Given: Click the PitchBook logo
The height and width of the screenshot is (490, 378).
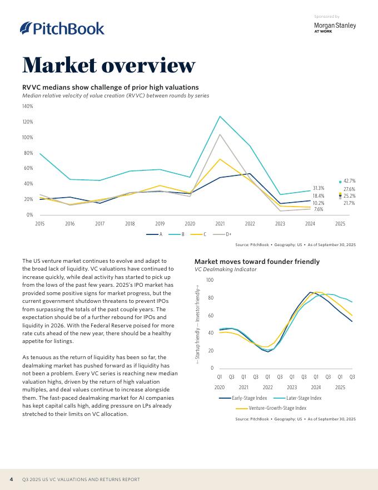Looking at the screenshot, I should [62, 28].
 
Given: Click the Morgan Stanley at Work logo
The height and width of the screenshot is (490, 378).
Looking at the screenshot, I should [335, 27].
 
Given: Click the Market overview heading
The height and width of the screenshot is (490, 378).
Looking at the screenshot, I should [109, 65].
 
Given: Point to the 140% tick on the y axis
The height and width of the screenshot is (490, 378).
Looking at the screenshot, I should [27, 106].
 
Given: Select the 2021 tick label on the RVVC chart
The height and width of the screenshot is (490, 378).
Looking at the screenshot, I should [220, 223].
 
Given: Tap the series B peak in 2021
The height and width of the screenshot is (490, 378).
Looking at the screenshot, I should [220, 116].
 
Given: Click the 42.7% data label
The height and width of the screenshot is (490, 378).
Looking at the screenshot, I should [349, 181].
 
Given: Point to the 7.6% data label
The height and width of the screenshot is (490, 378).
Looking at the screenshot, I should [319, 209].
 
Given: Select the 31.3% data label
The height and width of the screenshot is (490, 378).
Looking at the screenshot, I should [319, 188].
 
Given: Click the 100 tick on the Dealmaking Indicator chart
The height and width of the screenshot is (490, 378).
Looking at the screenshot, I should [210, 280].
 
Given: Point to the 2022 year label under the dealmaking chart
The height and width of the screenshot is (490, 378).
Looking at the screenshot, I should [268, 387].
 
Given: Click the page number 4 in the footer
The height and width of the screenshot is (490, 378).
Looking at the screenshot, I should [11, 479].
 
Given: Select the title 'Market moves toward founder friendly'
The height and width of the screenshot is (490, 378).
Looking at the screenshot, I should [257, 261].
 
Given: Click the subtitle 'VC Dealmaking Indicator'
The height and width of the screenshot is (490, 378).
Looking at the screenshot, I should [225, 269].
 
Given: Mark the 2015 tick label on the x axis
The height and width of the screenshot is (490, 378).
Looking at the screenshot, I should [40, 223].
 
